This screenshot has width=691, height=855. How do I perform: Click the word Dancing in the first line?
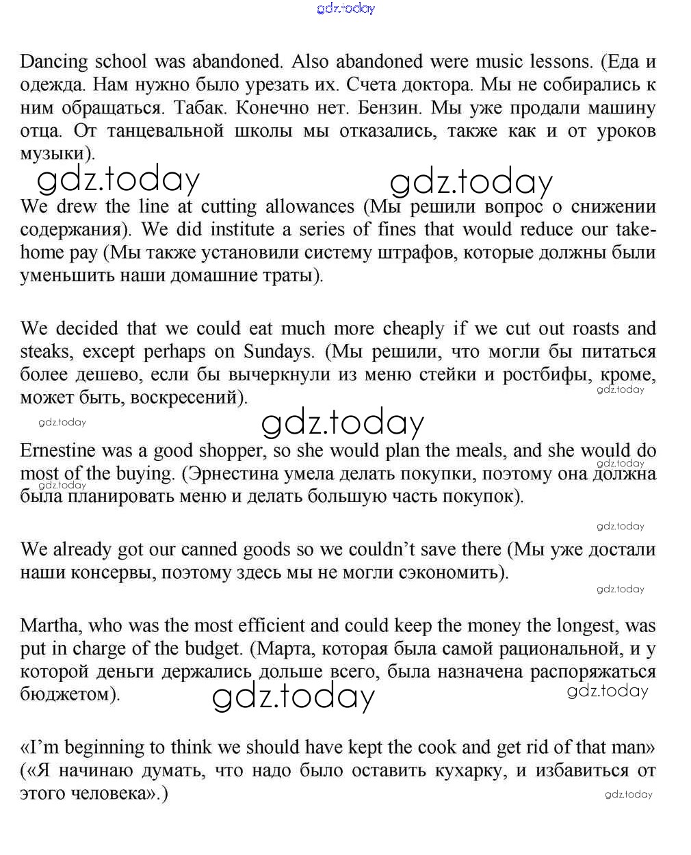click(54, 62)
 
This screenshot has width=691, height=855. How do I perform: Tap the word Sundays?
click(278, 352)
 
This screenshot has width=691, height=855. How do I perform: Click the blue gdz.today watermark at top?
click(346, 8)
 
